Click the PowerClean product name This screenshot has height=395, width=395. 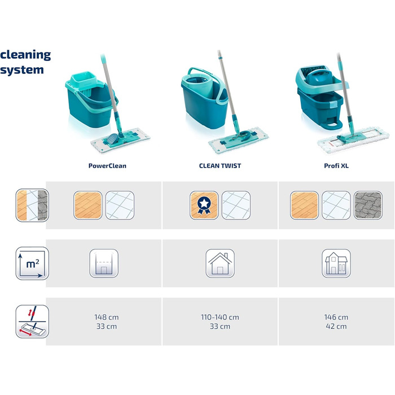[x=107, y=166]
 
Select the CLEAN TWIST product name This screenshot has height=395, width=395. [x=220, y=166]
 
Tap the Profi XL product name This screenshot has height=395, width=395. [x=336, y=166]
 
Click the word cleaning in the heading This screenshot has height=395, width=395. [x=25, y=55]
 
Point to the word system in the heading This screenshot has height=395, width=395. [x=22, y=70]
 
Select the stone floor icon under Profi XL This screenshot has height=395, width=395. [x=368, y=205]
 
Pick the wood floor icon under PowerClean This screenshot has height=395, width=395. [x=88, y=205]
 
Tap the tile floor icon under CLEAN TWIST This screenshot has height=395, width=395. [x=236, y=205]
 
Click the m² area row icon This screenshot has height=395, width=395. [x=32, y=264]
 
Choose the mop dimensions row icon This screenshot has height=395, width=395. [x=32, y=322]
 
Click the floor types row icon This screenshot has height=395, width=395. [x=32, y=205]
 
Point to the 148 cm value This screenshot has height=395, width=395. [x=107, y=317]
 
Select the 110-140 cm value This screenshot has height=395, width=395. [x=220, y=317]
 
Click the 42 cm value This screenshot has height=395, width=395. [x=336, y=326]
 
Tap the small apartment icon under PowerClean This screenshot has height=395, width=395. [x=104, y=264]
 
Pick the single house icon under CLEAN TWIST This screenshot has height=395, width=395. [x=220, y=264]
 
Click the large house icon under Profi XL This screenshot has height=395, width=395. [x=336, y=264]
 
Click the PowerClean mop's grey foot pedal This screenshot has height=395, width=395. [x=112, y=138]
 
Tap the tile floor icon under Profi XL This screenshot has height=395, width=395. [x=336, y=205]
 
